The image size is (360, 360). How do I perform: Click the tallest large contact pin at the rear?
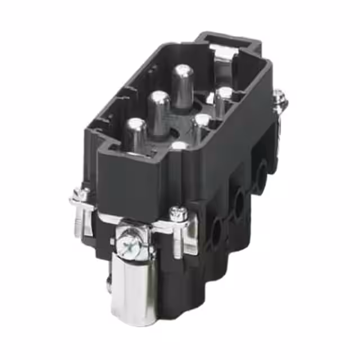[x=182, y=84]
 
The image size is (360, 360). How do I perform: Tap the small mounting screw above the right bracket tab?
[x=179, y=213]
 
